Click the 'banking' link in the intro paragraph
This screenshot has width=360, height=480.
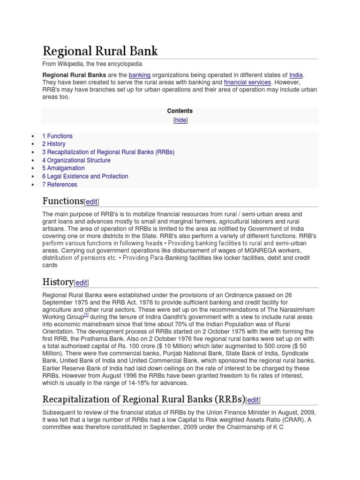[x=140, y=75]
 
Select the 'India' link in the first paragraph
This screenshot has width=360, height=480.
[x=296, y=75]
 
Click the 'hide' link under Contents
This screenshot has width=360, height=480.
[x=180, y=120]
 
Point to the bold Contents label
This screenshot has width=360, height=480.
[x=180, y=111]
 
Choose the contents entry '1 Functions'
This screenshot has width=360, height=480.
[x=57, y=136]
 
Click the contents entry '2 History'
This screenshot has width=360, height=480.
[x=54, y=144]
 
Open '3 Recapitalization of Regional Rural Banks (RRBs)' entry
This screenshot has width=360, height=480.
[x=108, y=152]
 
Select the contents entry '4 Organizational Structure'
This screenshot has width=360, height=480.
[x=76, y=160]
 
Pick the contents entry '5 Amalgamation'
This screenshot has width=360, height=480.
[x=63, y=168]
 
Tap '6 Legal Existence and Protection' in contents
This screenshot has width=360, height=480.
[x=85, y=176]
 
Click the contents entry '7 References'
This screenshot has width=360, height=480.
[x=60, y=185]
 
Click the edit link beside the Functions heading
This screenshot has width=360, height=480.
[x=91, y=202]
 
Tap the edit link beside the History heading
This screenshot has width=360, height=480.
[x=81, y=283]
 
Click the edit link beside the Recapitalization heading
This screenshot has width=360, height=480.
[x=253, y=400]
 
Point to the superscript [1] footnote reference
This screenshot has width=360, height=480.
[x=86, y=315]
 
